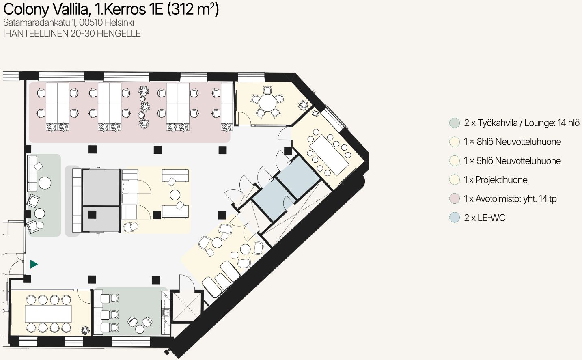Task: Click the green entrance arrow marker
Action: [34, 264]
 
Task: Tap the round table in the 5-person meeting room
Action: [267, 102]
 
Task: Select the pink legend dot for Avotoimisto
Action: [455, 199]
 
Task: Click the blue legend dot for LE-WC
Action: [455, 218]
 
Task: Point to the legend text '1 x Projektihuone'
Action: [496, 180]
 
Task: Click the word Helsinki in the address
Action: [119, 23]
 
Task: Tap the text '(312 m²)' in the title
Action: [193, 9]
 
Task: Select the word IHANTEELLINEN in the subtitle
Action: [36, 34]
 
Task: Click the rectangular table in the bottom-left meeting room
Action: [48, 314]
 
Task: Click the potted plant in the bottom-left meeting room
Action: [85, 331]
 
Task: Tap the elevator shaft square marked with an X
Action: [187, 307]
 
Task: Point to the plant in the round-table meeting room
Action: [303, 105]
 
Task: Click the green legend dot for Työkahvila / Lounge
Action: [455, 123]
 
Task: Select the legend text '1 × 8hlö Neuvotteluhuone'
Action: [512, 142]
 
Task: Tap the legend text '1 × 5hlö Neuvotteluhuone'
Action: [512, 161]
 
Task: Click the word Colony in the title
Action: [26, 10]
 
